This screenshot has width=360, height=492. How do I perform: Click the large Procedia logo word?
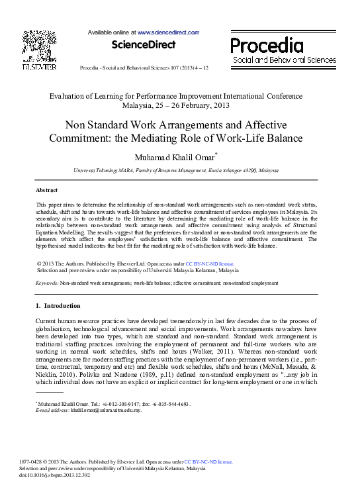267,45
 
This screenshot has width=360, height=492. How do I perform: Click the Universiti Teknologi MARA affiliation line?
176,171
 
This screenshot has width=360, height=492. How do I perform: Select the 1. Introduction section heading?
58,306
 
